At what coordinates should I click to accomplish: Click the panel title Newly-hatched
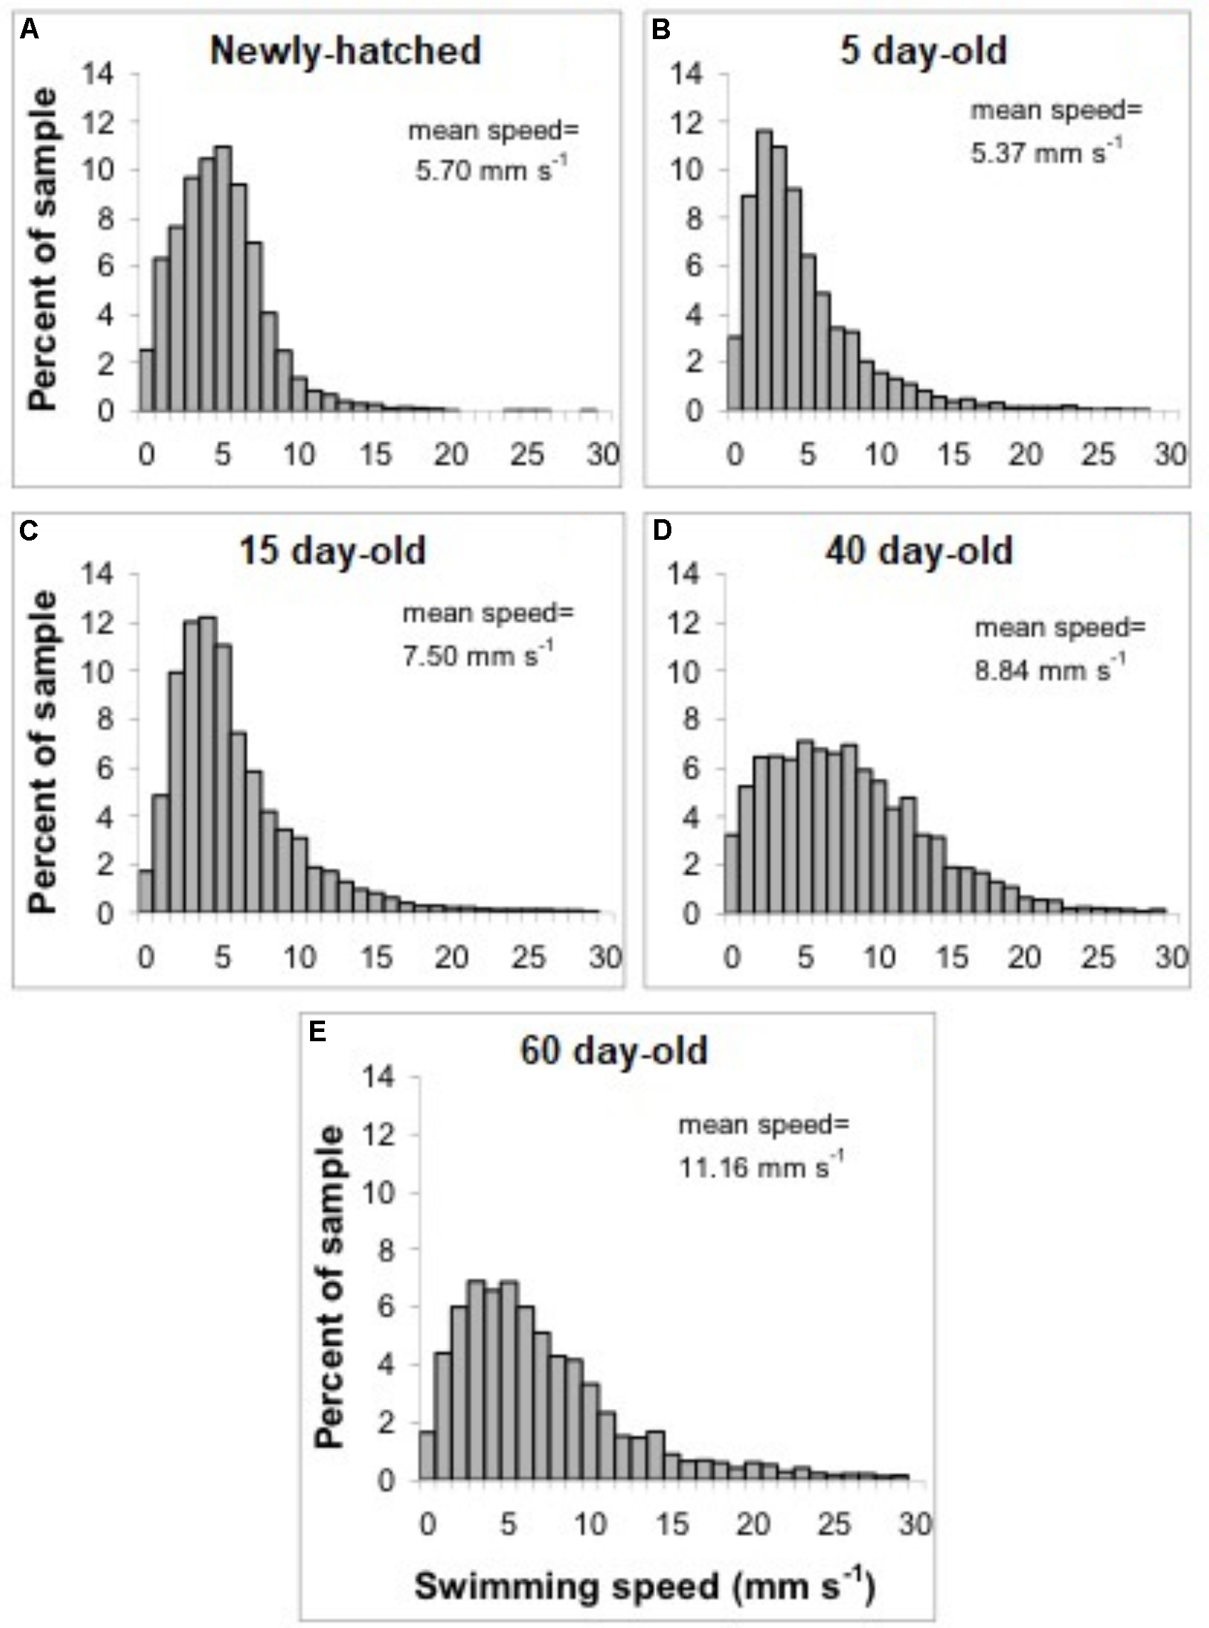346,51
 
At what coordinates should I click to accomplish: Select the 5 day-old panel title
924,51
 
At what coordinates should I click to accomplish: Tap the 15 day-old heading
333,550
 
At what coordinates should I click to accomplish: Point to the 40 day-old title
919,550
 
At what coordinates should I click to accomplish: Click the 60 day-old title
614,1051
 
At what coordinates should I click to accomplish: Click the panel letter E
318,1032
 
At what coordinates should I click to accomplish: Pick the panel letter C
29,531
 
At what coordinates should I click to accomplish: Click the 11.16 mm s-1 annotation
761,1166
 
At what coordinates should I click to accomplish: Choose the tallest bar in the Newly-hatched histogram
224,279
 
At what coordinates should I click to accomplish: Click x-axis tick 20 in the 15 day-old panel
451,957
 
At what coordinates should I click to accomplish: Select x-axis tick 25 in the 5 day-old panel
1098,454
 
